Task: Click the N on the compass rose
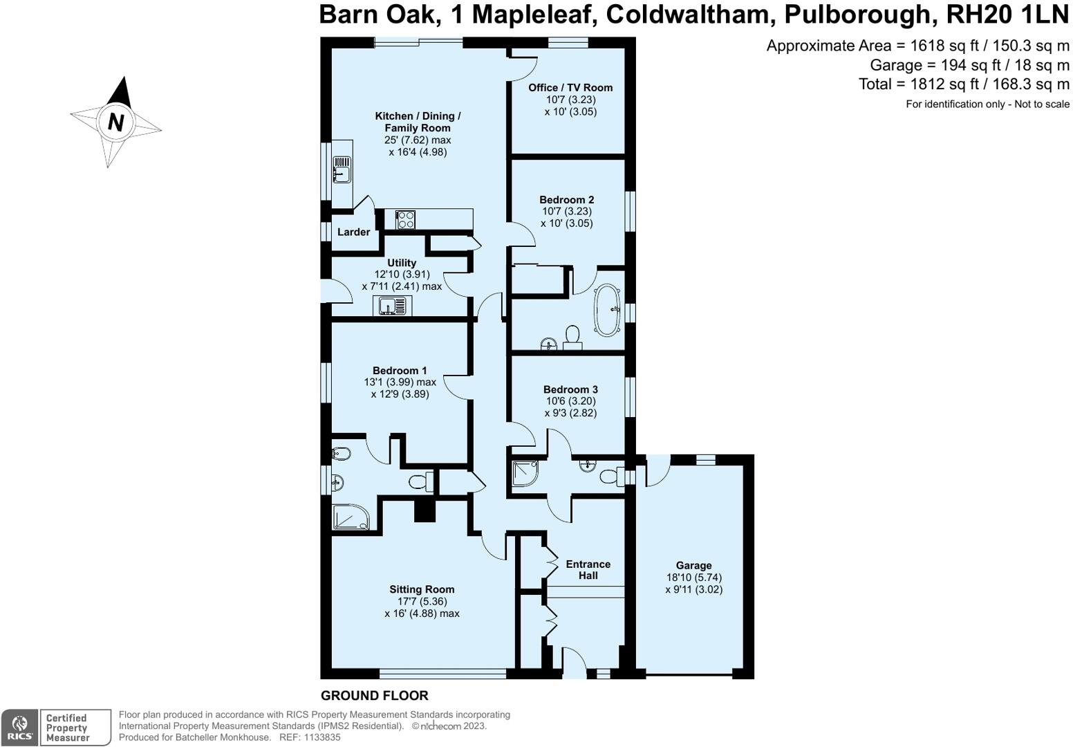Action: pos(115,122)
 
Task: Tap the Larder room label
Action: pos(353,232)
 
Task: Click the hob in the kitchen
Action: pos(405,219)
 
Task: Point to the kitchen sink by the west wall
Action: pos(341,169)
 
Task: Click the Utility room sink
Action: pos(392,306)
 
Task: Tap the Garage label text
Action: pos(693,565)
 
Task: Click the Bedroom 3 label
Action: pos(570,389)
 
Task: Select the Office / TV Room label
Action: pos(570,87)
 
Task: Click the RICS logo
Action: pos(19,728)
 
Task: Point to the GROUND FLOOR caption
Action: pos(374,696)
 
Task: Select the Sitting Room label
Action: pos(422,589)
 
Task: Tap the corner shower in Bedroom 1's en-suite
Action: pos(350,517)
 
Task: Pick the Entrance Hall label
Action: pos(588,570)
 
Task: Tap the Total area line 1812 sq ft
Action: pos(964,84)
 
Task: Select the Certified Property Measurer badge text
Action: pos(67,728)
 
